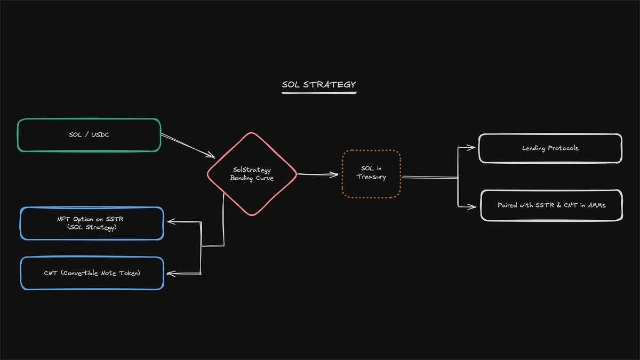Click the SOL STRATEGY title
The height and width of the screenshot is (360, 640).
(318, 84)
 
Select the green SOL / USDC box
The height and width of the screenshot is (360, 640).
(89, 135)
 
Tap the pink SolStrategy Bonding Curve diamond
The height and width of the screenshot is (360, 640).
(252, 174)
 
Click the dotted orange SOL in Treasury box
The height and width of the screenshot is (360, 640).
(371, 173)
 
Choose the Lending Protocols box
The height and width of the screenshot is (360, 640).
(550, 148)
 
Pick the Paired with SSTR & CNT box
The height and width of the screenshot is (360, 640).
(551, 205)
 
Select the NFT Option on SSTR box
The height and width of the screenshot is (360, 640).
(92, 223)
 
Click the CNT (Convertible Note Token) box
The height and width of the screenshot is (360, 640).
(92, 273)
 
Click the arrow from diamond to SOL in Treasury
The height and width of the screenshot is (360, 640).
(317, 174)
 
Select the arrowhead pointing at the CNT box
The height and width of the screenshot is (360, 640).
(170, 274)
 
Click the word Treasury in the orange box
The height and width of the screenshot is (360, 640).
(371, 177)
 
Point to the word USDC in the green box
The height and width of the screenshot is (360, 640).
(99, 135)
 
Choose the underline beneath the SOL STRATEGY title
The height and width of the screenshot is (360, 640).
(318, 93)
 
